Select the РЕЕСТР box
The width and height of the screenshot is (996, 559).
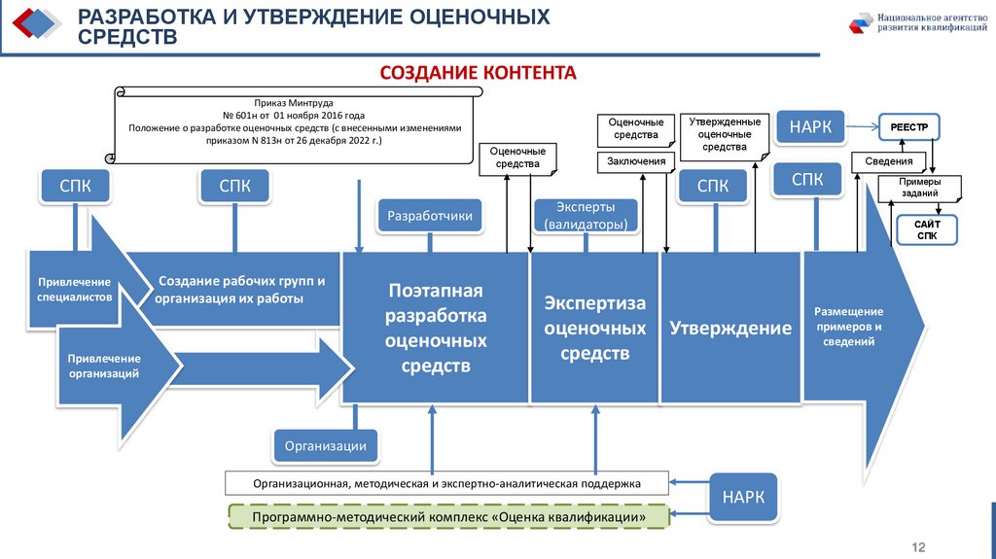907,127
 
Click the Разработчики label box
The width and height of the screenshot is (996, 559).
430,216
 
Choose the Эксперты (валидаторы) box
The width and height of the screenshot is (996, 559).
586,216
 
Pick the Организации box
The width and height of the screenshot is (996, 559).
325,446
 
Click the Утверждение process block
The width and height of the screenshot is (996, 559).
730,328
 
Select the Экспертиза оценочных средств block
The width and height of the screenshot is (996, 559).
594,328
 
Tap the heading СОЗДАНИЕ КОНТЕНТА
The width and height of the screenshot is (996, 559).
478,74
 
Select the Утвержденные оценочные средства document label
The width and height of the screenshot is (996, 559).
725,134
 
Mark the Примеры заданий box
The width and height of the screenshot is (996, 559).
919,188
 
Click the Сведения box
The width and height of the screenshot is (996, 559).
887,161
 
